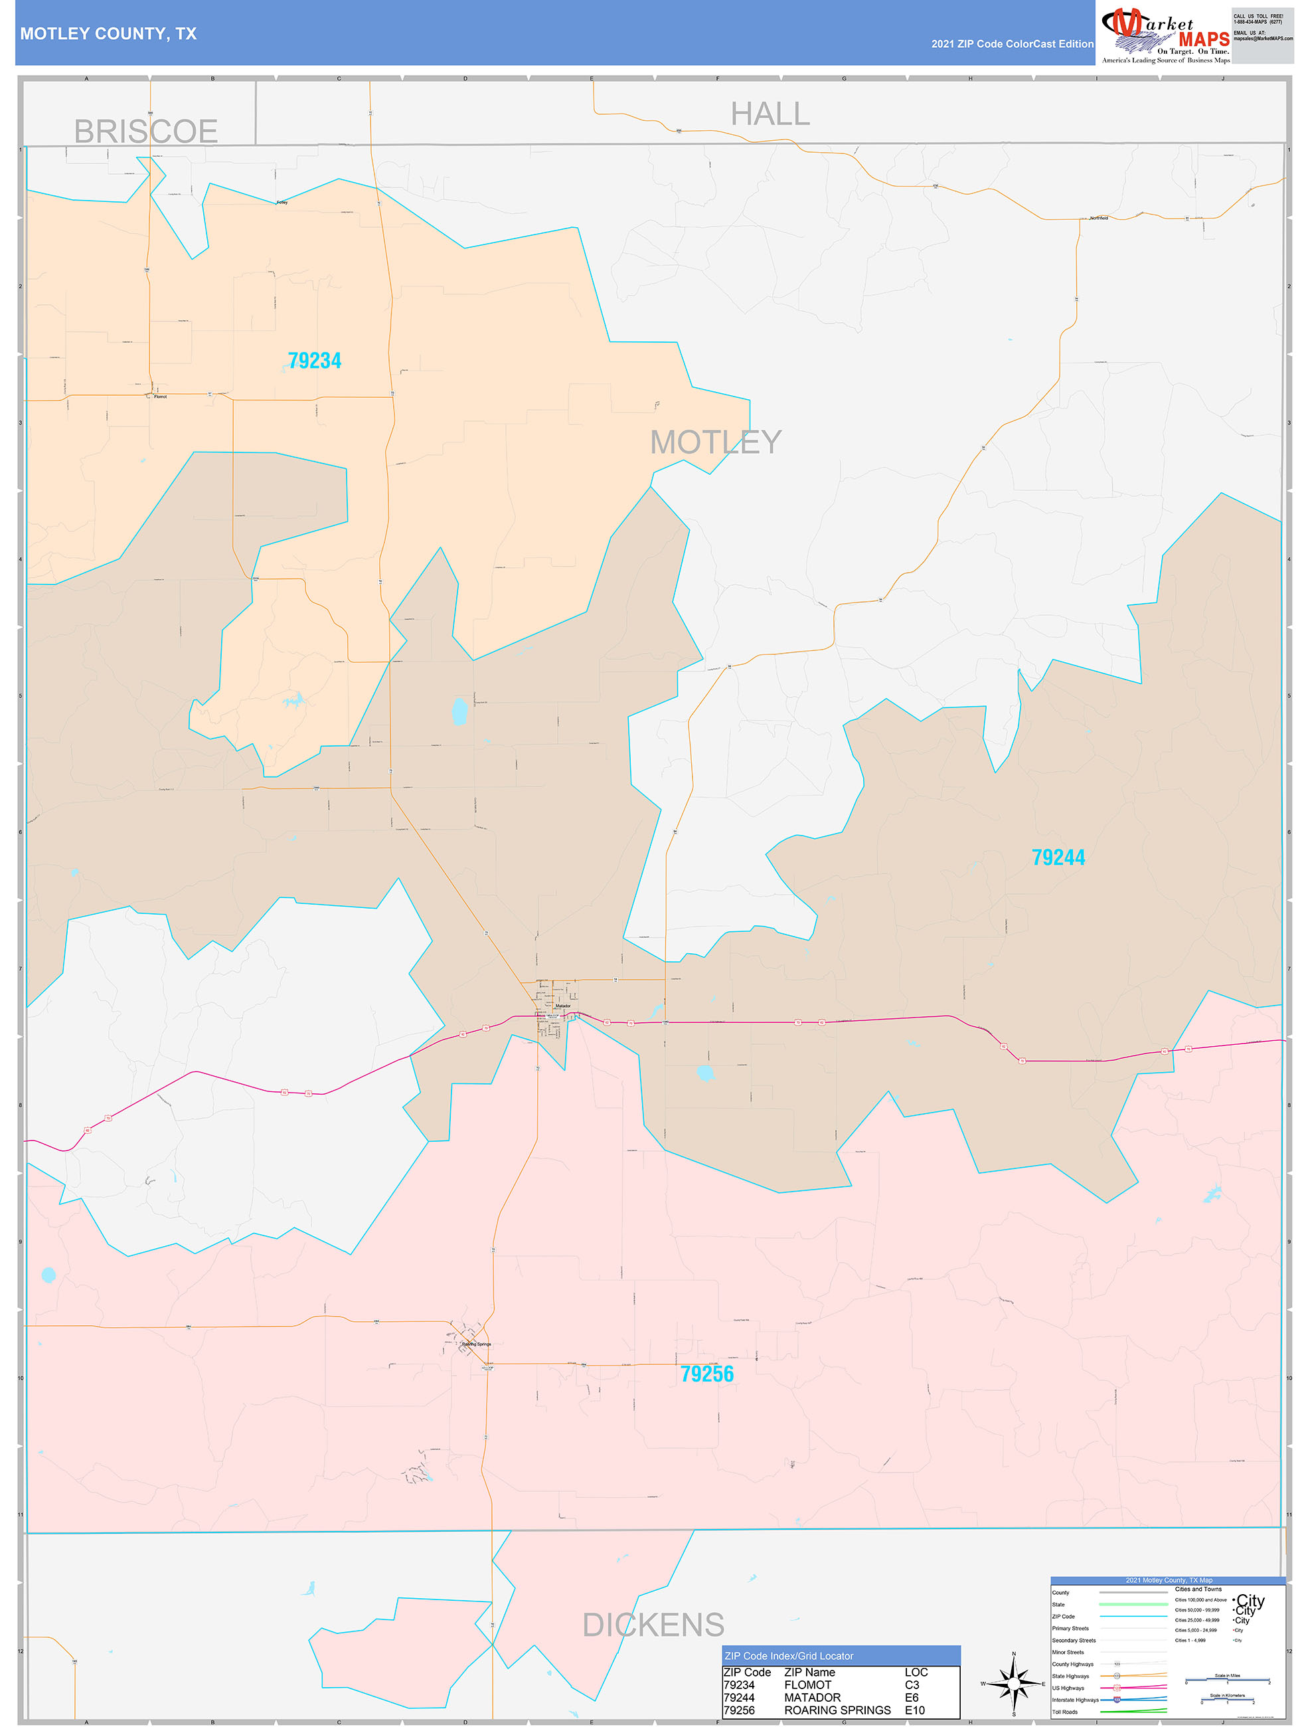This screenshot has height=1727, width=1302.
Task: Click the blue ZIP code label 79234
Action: click(x=315, y=361)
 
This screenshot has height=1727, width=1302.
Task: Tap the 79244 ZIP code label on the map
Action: click(x=1058, y=858)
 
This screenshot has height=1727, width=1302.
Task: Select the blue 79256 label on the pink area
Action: click(x=706, y=1374)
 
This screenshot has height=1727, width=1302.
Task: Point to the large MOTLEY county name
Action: click(x=715, y=442)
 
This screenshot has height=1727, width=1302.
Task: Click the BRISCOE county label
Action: click(x=146, y=131)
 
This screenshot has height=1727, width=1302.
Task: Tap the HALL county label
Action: click(x=770, y=114)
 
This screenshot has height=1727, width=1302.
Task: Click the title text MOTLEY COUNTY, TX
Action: click(x=108, y=34)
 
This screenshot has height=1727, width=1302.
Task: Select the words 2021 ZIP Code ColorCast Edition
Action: click(x=1012, y=44)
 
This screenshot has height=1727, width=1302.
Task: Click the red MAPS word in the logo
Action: click(x=1204, y=39)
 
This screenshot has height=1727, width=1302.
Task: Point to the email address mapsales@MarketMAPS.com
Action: click(x=1262, y=39)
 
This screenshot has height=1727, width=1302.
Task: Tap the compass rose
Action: click(x=1013, y=1683)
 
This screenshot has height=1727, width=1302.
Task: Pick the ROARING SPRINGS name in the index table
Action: click(x=837, y=1710)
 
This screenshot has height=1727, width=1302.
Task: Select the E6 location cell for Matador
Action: click(x=911, y=1697)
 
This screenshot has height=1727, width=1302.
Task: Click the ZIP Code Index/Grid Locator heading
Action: click(x=788, y=1655)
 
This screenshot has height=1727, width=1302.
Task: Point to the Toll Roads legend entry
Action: click(x=1065, y=1711)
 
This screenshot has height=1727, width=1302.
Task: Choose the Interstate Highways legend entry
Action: click(x=1075, y=1700)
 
